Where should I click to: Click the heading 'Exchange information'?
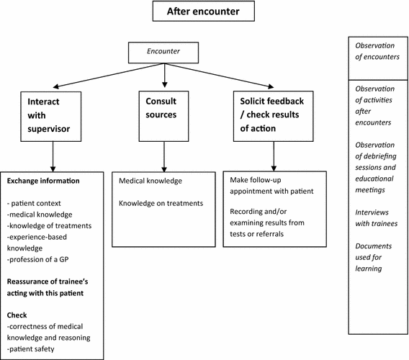click(43, 180)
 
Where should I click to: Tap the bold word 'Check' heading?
click(17, 315)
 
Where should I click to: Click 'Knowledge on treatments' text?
click(161, 203)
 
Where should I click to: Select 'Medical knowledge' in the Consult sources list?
click(149, 181)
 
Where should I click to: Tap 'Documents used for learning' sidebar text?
click(374, 256)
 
